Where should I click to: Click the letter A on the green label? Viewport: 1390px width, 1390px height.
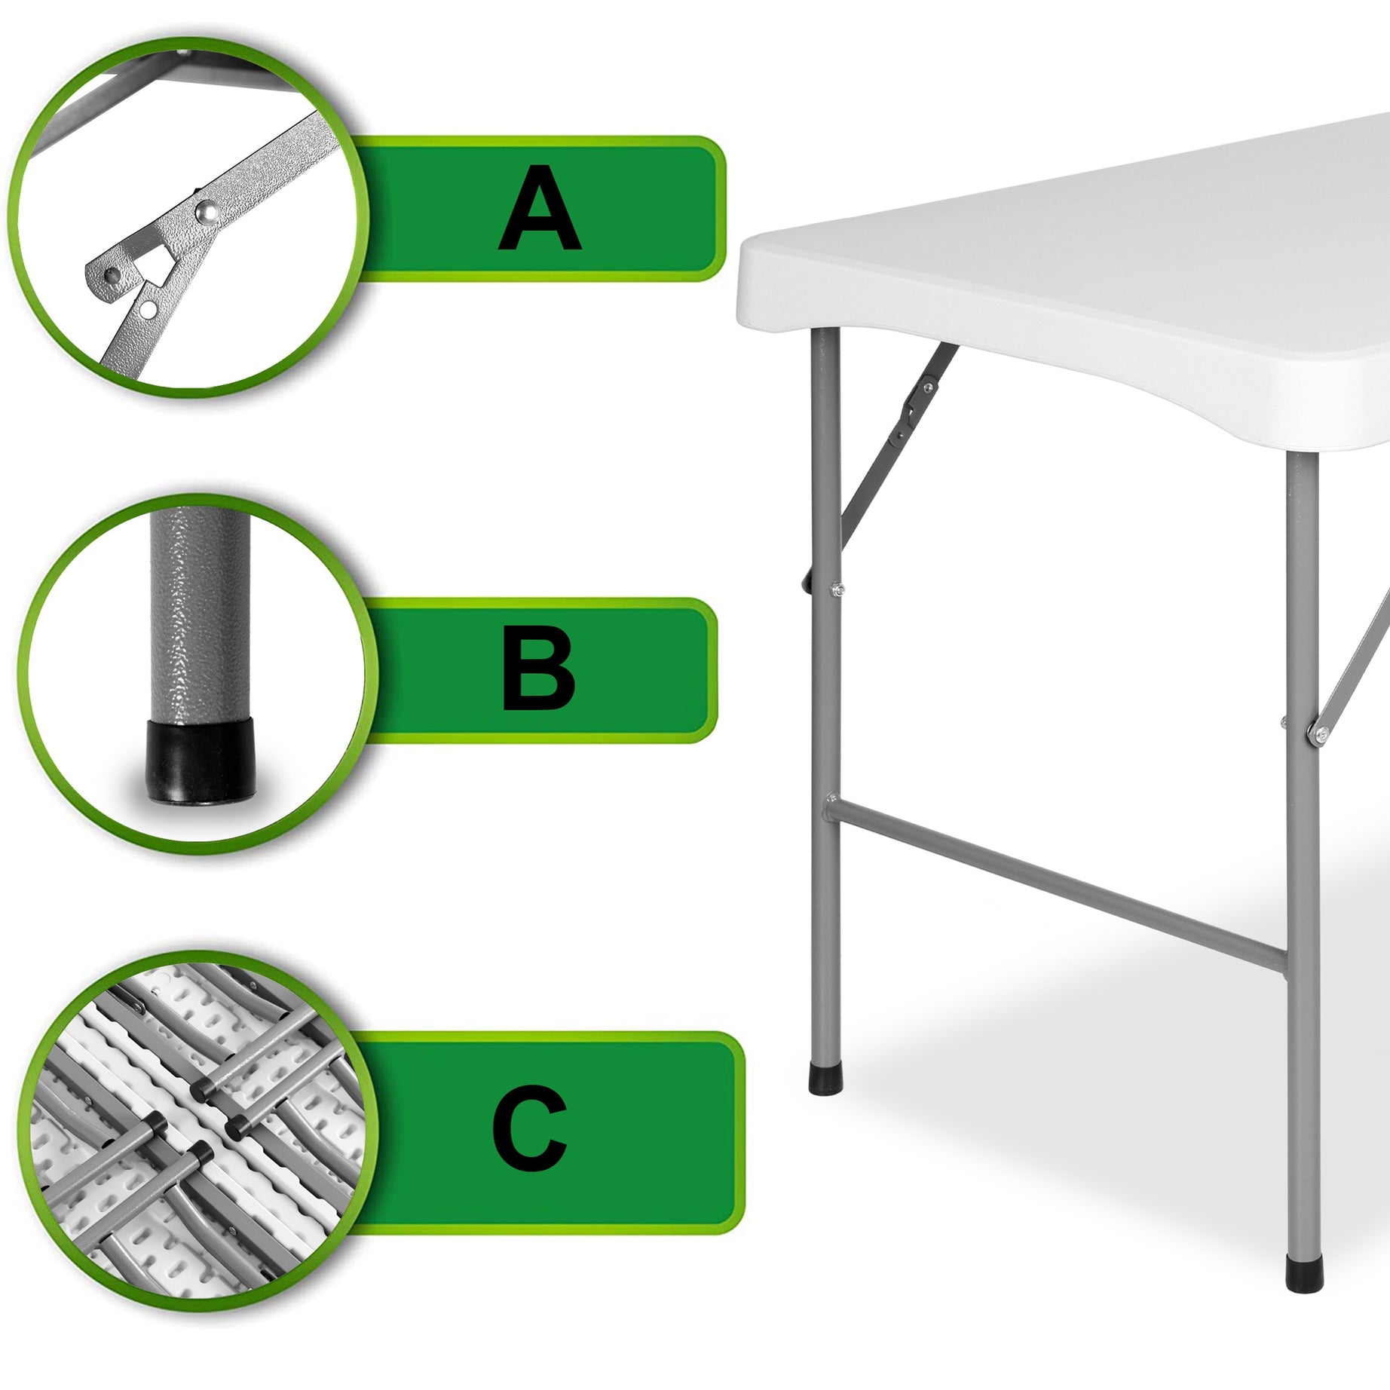click(540, 210)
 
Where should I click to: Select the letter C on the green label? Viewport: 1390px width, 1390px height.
click(529, 1128)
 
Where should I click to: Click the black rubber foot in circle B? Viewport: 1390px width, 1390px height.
click(201, 761)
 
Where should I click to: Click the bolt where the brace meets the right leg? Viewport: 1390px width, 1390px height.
click(1320, 732)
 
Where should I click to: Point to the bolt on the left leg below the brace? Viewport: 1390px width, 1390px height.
click(836, 590)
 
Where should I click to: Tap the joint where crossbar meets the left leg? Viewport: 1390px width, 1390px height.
click(829, 806)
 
